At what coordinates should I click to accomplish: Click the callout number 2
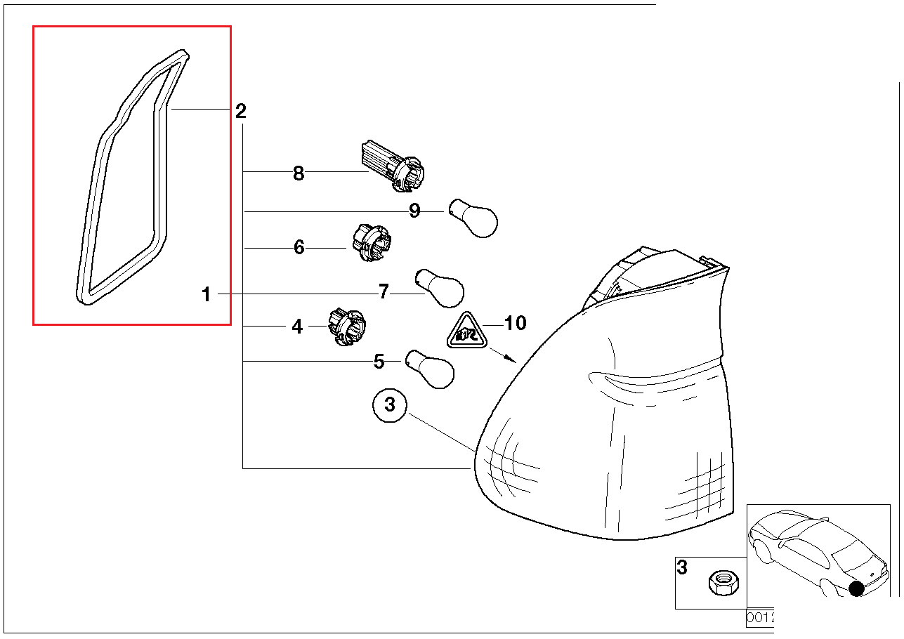pos(240,111)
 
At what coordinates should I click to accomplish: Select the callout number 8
pos(299,173)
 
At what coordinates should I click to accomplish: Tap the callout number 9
pos(414,211)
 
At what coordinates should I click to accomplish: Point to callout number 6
pos(299,247)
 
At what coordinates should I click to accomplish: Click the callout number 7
pos(384,291)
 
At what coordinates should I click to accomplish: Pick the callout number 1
pos(206,295)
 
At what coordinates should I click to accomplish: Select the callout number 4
pos(297,327)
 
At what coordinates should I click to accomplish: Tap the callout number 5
pos(379,362)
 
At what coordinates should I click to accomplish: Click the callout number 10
pos(516,323)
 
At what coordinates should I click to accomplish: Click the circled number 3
pos(391,405)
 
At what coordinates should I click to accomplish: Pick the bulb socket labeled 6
pos(370,244)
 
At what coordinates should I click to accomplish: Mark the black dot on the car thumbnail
pos(856,588)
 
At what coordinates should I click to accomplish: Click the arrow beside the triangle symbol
pos(502,355)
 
